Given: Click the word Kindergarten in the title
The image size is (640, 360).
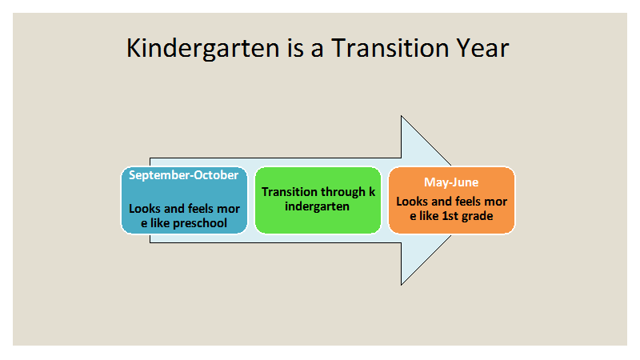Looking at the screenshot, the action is click(x=203, y=49).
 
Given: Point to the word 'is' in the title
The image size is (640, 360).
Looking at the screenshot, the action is click(x=295, y=48).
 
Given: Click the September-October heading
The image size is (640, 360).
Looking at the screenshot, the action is click(x=184, y=175).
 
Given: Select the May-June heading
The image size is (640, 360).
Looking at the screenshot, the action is click(x=451, y=182).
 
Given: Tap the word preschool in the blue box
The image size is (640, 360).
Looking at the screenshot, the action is click(x=200, y=223).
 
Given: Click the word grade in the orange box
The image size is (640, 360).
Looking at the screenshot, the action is click(x=477, y=216).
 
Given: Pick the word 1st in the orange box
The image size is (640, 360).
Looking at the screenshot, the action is click(x=450, y=215).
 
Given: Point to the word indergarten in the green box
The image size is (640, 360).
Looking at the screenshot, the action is click(x=317, y=206).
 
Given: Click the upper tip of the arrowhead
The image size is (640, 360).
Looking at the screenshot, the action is click(x=402, y=116).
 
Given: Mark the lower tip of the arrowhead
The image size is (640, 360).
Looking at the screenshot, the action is click(x=402, y=285).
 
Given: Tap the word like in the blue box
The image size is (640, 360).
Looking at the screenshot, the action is click(x=160, y=223).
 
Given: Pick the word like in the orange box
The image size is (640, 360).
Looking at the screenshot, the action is click(x=430, y=216).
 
